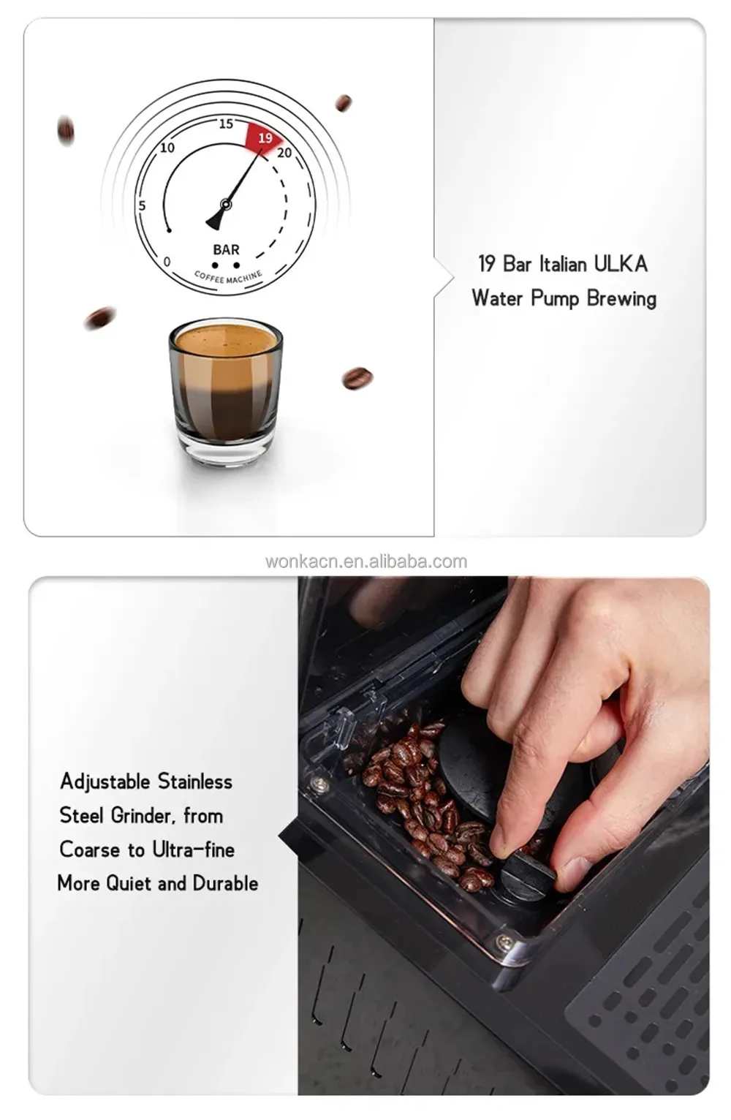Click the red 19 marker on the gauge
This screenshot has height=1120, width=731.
pyautogui.click(x=265, y=137)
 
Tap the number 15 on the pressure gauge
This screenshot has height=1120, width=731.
pyautogui.click(x=226, y=124)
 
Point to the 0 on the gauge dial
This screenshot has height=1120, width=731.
pyautogui.click(x=167, y=261)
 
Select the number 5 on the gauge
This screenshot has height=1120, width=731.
pyautogui.click(x=143, y=205)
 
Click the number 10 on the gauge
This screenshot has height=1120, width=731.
pyautogui.click(x=167, y=148)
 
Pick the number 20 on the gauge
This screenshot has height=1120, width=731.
pyautogui.click(x=284, y=153)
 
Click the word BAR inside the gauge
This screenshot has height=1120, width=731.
pyautogui.click(x=226, y=249)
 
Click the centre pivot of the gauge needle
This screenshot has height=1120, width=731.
pyautogui.click(x=226, y=205)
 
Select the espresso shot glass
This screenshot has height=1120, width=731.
pyautogui.click(x=226, y=391)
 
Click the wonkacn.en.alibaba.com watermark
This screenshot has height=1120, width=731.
pyautogui.click(x=365, y=561)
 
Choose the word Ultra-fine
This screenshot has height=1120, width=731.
pyautogui.click(x=194, y=850)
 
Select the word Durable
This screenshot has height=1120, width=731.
pyautogui.click(x=225, y=883)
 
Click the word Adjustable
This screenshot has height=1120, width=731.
pyautogui.click(x=105, y=782)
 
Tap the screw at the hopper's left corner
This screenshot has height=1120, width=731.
pyautogui.click(x=319, y=784)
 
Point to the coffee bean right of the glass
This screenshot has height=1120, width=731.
pyautogui.click(x=357, y=378)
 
